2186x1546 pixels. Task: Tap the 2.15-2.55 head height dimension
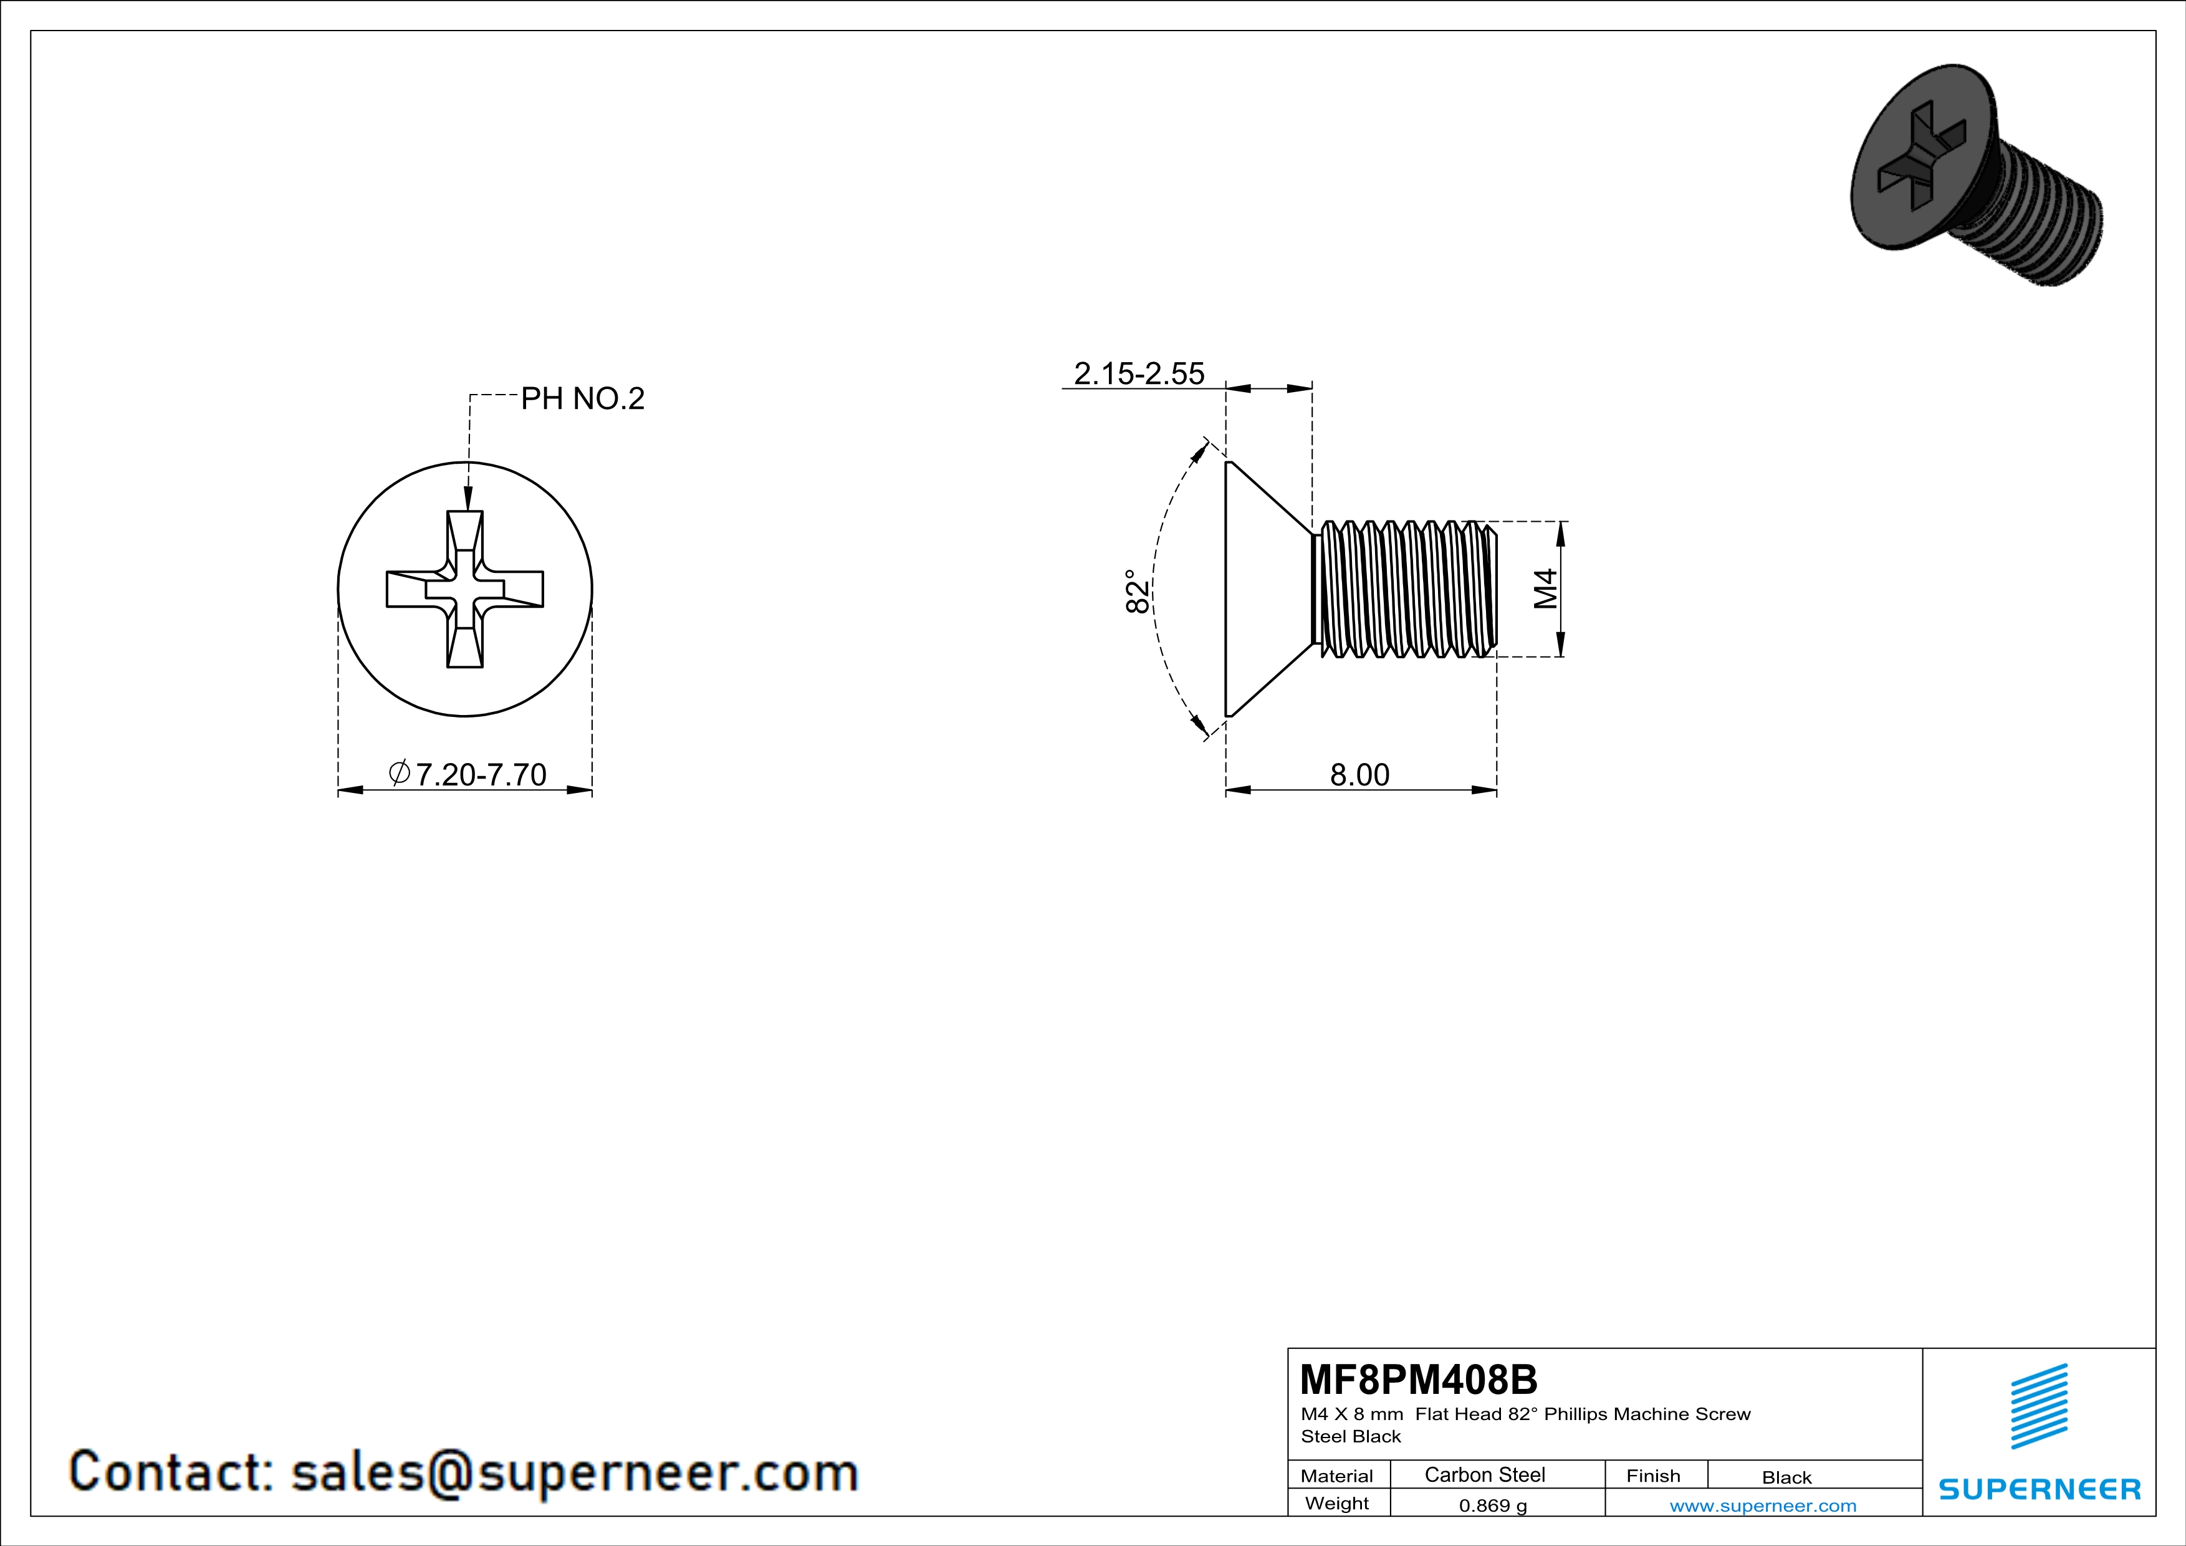(1139, 373)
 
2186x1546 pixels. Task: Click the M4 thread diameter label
(1545, 588)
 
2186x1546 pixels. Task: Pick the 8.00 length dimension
(1359, 775)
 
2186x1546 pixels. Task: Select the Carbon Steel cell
(1484, 1474)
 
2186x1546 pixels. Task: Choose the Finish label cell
(1653, 1476)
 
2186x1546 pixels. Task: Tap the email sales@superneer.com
(574, 1472)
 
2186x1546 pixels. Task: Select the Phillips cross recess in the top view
(464, 589)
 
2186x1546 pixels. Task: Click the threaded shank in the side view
(1404, 589)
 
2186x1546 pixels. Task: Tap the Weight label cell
(1337, 1503)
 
